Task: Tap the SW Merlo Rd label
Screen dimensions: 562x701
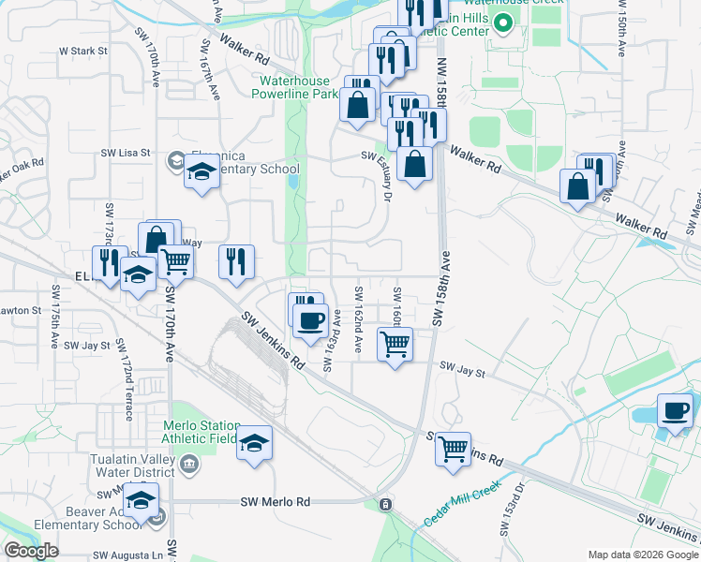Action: [x=275, y=502]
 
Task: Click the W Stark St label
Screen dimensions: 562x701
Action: [x=83, y=50]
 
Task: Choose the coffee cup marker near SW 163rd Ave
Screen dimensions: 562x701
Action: [x=310, y=320]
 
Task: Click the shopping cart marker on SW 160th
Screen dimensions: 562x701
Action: [x=395, y=344]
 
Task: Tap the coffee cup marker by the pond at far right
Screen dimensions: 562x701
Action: [x=675, y=410]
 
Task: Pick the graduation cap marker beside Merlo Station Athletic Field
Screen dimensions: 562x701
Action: [x=254, y=443]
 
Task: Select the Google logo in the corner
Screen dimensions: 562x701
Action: [x=31, y=551]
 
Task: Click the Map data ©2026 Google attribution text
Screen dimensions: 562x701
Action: [x=643, y=555]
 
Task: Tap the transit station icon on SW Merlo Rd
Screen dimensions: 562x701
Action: [x=385, y=504]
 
